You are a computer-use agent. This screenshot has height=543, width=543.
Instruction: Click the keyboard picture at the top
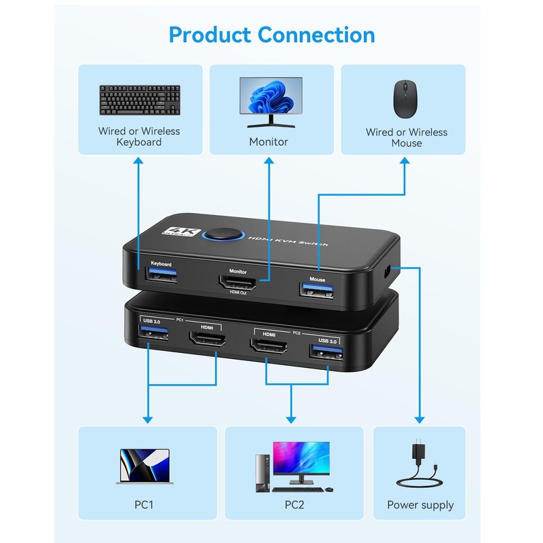[x=139, y=100]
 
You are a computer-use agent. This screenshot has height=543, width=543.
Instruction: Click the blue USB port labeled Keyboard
[x=161, y=276]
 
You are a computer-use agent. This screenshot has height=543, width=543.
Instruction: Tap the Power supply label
[x=420, y=505]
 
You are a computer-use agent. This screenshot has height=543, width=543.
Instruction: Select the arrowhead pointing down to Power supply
[x=420, y=419]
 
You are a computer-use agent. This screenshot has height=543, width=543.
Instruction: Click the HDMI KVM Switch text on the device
[x=288, y=241]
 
